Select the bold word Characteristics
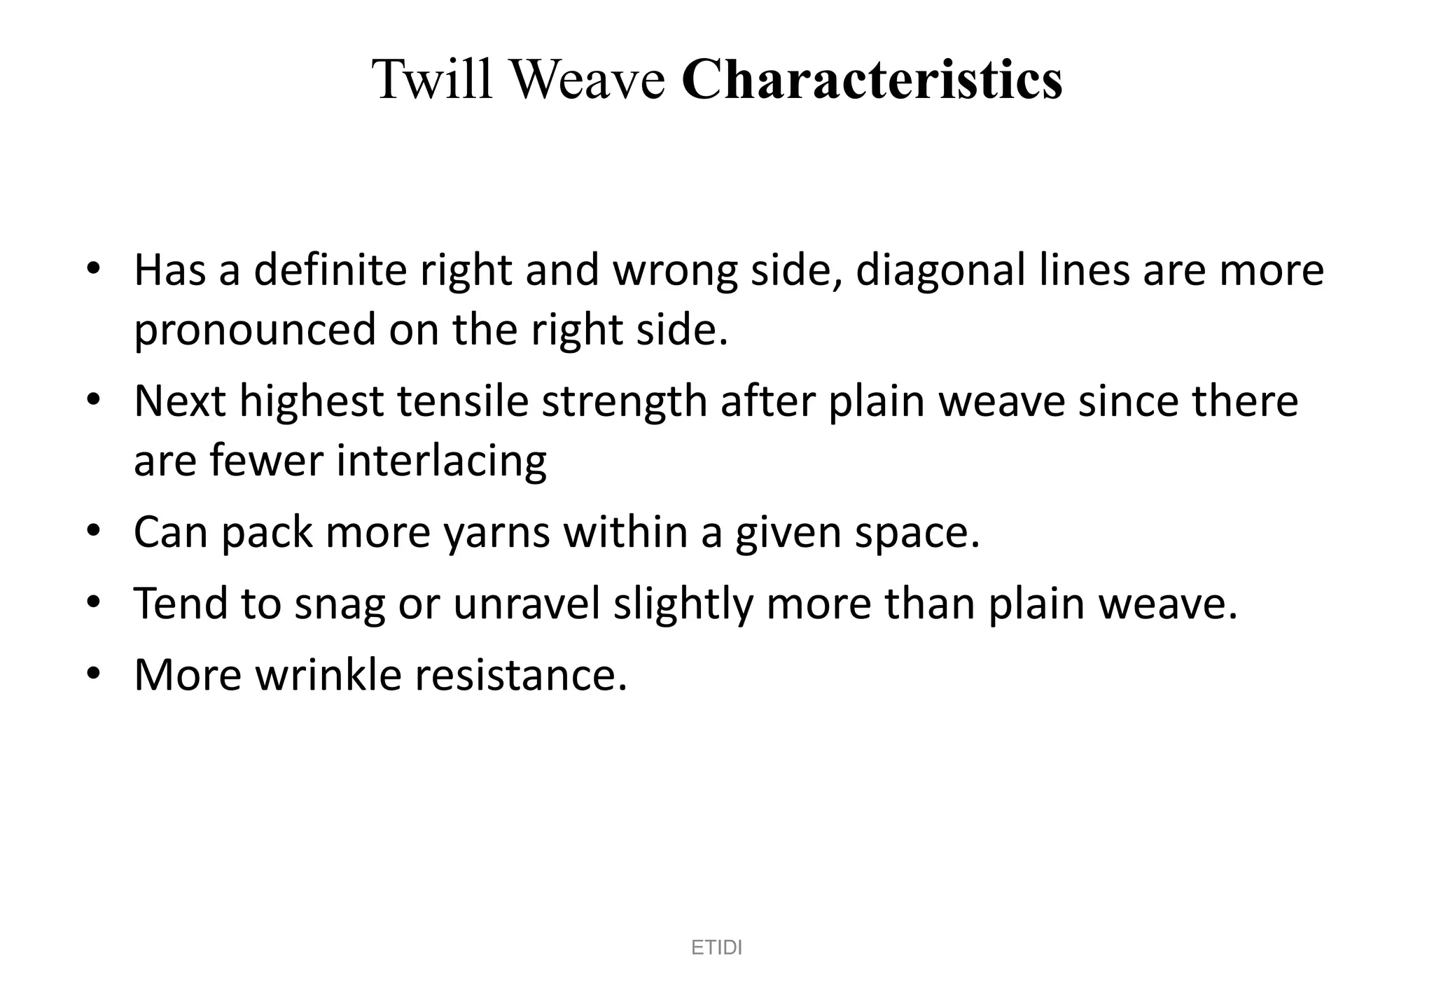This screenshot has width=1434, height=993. pyautogui.click(x=871, y=79)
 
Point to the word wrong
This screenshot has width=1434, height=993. pyautogui.click(x=675, y=271)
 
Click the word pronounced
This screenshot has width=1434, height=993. pyautogui.click(x=255, y=330)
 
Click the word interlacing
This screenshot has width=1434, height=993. pyautogui.click(x=441, y=461)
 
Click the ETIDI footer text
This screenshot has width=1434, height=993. pyautogui.click(x=716, y=947)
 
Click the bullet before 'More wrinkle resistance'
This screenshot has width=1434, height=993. pyautogui.click(x=94, y=674)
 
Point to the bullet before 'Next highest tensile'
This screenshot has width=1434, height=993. pyautogui.click(x=94, y=401)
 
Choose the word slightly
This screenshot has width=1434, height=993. pyautogui.click(x=683, y=604)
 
